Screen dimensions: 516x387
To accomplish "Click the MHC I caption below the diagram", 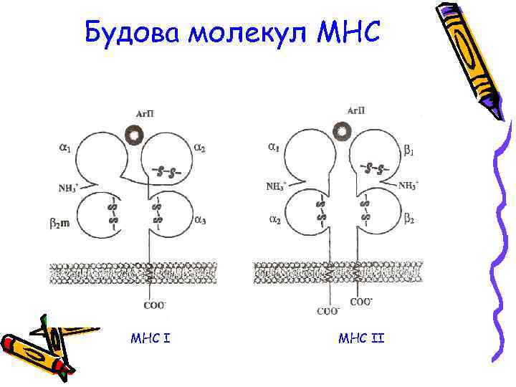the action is point(150,336).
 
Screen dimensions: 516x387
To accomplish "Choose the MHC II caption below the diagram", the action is point(361,336).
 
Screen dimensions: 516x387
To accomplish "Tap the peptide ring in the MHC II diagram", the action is point(343,130).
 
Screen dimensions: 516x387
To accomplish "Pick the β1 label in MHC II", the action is point(408,150).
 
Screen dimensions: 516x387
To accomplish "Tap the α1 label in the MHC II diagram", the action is point(274,148).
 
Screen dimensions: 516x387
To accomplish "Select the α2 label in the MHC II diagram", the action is point(274,220).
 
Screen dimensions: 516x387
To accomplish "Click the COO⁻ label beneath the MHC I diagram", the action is point(155,305).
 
